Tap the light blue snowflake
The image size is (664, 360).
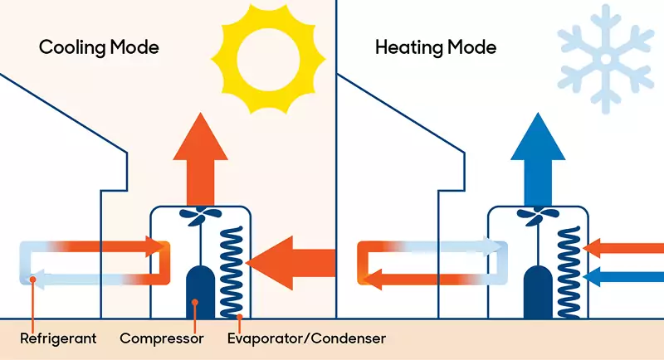[606, 59]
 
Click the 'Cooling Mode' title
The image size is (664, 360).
[99, 47]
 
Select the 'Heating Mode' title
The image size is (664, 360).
[436, 47]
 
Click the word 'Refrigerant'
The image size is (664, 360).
[58, 338]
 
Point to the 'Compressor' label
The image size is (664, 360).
[162, 338]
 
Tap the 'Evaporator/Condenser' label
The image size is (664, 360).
[306, 338]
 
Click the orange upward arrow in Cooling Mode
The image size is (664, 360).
[200, 159]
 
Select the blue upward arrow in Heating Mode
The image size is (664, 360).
[538, 159]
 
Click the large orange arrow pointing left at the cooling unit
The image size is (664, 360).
[290, 263]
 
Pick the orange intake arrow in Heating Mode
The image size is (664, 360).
[623, 248]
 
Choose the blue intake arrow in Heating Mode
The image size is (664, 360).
[623, 277]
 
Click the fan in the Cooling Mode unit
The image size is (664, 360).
[200, 215]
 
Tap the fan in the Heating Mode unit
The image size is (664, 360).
[537, 215]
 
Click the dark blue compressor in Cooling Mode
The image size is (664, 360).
[200, 292]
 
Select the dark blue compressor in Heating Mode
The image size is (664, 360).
[538, 292]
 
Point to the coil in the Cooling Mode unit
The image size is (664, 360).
[232, 272]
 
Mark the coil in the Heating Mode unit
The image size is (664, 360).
[569, 272]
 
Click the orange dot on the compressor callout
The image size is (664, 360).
[195, 302]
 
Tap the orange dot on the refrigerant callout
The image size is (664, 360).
[32, 280]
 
